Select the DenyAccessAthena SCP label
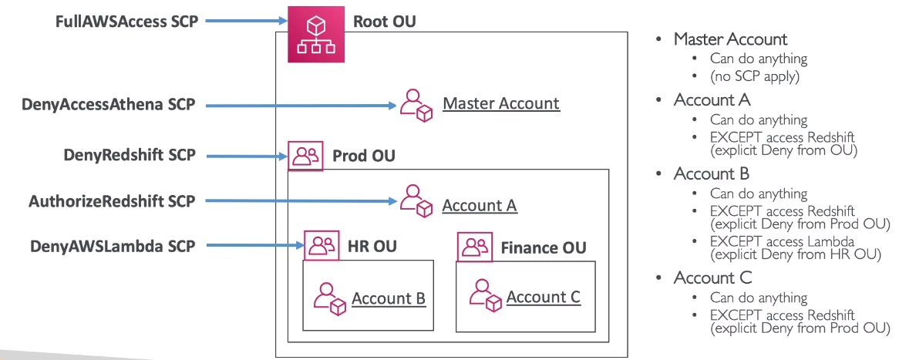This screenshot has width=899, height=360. (x=109, y=104)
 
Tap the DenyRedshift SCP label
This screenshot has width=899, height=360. (x=129, y=155)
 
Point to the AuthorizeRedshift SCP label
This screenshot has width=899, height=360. (x=112, y=201)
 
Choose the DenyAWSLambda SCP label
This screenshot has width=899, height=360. (x=113, y=246)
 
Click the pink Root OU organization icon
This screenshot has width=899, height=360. (x=316, y=34)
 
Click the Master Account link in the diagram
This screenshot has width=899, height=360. (x=501, y=103)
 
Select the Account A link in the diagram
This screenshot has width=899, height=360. (x=479, y=206)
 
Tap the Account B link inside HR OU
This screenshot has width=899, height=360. (x=389, y=298)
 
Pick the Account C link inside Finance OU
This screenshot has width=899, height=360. (x=543, y=297)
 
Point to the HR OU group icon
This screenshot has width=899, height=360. (x=321, y=246)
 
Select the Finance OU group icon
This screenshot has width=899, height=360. (x=475, y=247)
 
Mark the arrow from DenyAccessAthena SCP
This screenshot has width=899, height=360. (x=301, y=104)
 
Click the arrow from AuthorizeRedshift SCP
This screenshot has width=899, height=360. (x=301, y=201)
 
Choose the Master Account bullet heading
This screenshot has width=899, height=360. (x=730, y=39)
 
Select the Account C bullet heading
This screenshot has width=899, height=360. (x=712, y=278)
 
